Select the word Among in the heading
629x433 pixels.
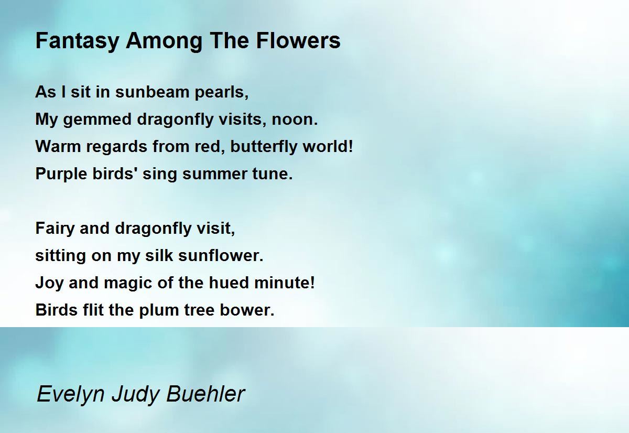(x=164, y=41)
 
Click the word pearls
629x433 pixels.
(x=222, y=93)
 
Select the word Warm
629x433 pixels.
(x=58, y=146)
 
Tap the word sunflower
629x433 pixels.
(x=221, y=255)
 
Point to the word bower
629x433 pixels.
(x=247, y=310)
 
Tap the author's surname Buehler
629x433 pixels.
(x=205, y=394)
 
